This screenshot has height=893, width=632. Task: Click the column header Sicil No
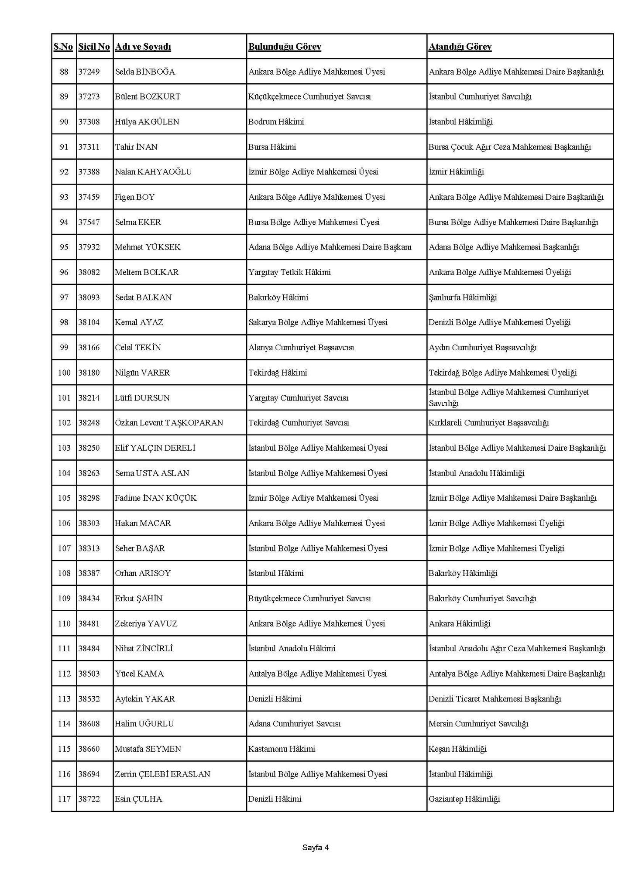click(94, 47)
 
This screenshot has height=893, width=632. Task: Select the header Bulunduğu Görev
click(285, 47)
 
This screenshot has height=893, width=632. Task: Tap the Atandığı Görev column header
click(460, 47)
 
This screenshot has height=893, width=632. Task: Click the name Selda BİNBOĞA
click(145, 72)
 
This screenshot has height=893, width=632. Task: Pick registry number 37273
click(89, 96)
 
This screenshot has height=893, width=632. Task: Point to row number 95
click(64, 247)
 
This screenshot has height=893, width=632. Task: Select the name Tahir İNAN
click(136, 147)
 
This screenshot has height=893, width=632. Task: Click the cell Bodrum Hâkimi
click(276, 122)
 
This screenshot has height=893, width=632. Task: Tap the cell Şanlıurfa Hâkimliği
click(463, 298)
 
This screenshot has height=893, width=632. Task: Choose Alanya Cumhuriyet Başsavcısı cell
click(301, 348)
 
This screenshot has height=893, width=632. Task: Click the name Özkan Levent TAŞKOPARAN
click(169, 423)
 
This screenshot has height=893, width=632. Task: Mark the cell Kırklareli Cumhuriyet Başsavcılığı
click(489, 423)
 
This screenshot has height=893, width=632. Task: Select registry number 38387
click(89, 573)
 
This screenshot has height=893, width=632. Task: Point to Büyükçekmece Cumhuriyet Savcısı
click(309, 599)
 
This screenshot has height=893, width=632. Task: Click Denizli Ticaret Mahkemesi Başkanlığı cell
click(495, 699)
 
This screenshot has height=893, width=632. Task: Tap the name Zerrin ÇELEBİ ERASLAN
click(162, 774)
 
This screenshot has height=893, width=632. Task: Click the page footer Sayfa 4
click(316, 848)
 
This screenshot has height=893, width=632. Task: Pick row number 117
click(64, 799)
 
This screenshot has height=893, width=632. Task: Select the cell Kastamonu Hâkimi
click(282, 749)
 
